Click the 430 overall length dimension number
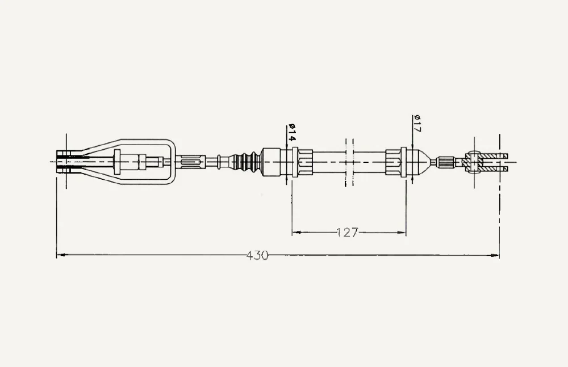coord(257,255)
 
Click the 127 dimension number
coord(347,233)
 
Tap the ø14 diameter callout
coord(292,133)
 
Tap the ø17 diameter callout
coord(416,124)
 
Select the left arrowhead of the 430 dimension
coord(61,255)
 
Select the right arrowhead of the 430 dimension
coord(495,255)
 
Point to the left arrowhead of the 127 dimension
coord(296,233)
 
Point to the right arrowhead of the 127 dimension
coord(402,233)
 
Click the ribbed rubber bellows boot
coord(247,162)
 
